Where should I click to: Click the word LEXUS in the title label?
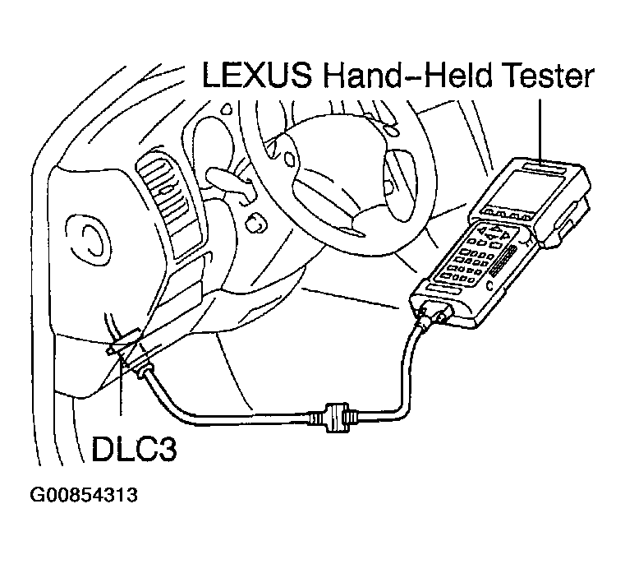click(x=258, y=75)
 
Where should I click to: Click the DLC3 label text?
click(x=134, y=448)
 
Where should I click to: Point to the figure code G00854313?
click(x=83, y=495)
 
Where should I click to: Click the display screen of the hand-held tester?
click(x=528, y=187)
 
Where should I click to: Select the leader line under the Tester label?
click(x=540, y=132)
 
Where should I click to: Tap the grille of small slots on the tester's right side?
click(x=503, y=261)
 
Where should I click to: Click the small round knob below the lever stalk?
click(x=255, y=224)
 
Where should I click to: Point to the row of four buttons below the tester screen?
click(x=505, y=215)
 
